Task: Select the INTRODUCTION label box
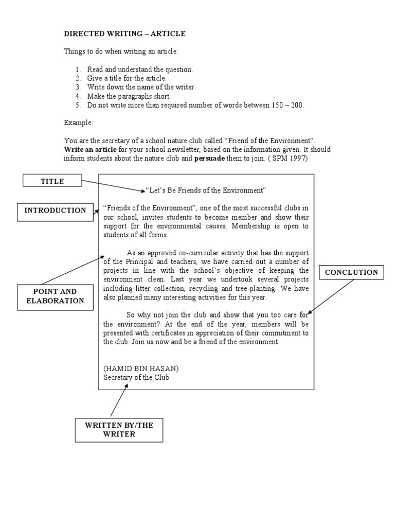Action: click(56, 210)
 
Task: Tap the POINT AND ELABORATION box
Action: click(55, 296)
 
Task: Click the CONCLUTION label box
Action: click(351, 272)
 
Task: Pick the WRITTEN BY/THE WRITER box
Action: click(118, 429)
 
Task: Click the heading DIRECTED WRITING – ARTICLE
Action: click(124, 34)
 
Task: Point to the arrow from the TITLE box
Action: click(113, 186)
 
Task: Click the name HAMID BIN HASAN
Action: click(141, 368)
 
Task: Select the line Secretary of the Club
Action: click(136, 377)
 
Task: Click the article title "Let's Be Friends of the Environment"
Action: click(206, 190)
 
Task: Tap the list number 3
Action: click(78, 87)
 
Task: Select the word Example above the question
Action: click(79, 123)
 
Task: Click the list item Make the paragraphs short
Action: click(129, 96)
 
